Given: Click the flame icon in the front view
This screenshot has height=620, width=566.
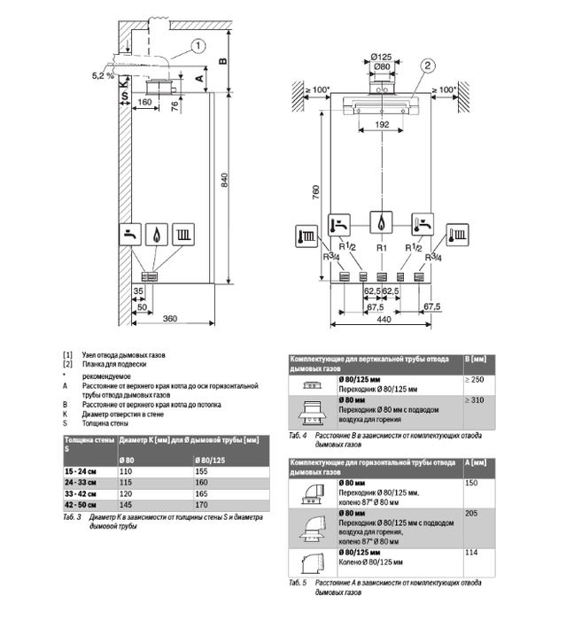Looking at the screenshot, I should tap(381, 223).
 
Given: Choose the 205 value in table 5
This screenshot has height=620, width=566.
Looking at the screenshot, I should tap(470, 513).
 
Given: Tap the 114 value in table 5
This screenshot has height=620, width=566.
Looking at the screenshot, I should tap(470, 553).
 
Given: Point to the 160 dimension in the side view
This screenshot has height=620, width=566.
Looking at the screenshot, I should tap(144, 102).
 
